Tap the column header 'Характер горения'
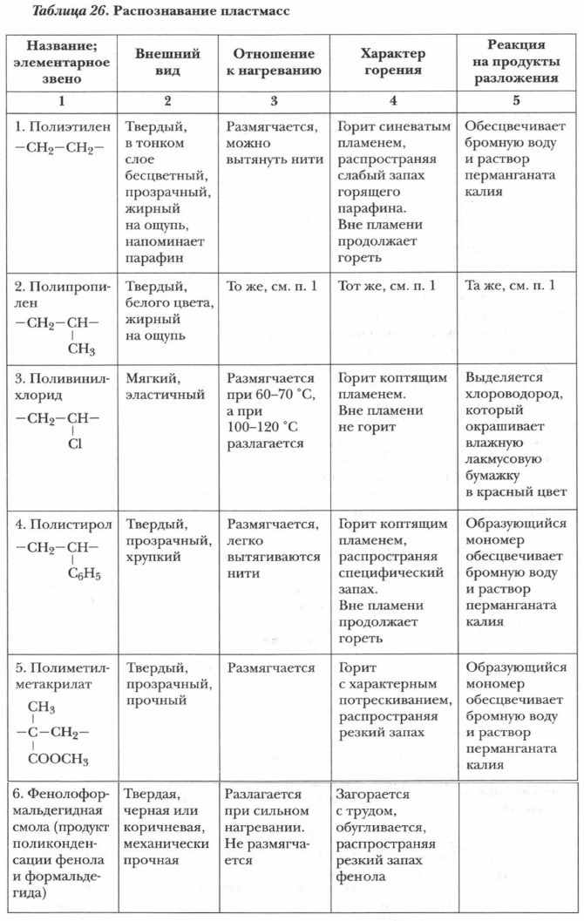pos(391,62)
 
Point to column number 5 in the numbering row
pos(516,100)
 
